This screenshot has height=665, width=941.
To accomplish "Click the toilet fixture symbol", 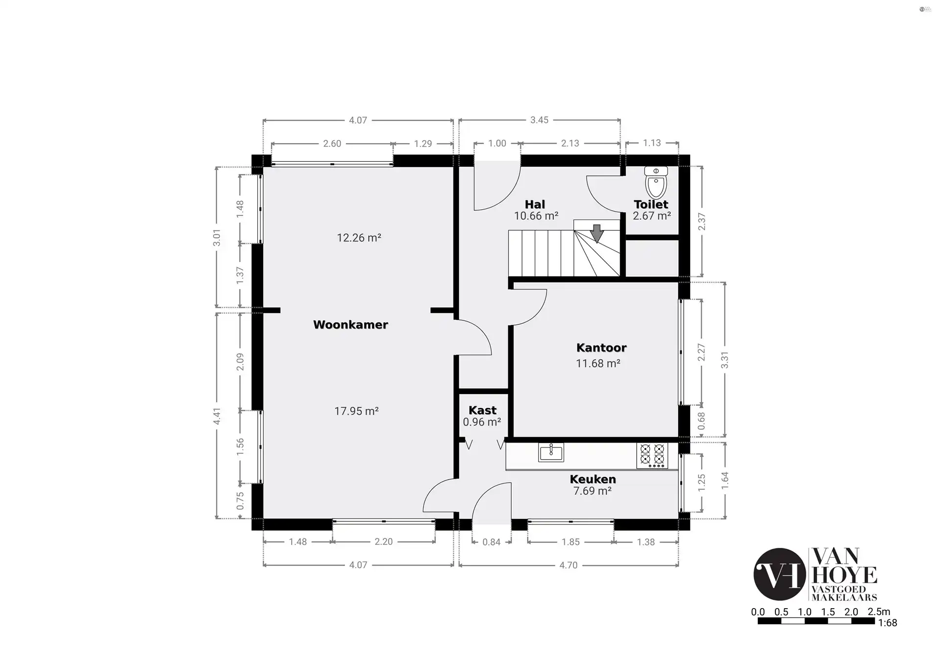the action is coord(656,182).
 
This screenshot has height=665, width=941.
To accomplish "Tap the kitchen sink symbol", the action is coord(551,452).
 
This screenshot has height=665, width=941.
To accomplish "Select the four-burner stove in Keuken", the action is coord(652,456).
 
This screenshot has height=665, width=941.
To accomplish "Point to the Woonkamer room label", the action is coord(350,324).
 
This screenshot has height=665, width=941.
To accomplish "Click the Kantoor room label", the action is coord(601,347).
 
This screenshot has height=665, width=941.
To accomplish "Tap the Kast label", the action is coord(482,410).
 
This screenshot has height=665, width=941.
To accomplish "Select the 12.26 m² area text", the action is coord(359,238).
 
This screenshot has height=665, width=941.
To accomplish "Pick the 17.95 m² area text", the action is coord(356,411).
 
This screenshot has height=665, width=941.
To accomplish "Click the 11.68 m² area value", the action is coord(598,363).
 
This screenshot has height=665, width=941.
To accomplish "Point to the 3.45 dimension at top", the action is coord(539,120).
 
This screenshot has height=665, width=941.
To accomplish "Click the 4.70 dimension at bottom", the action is coord(569,565).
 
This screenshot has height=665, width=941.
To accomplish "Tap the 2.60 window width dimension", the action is coord(332,144).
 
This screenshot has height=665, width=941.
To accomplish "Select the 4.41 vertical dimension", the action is coord(217,416).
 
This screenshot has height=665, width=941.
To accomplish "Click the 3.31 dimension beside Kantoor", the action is coord(725,360).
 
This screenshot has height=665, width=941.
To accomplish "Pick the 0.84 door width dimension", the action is coord(492,542).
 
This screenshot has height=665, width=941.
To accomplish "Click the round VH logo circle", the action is coord(780,574).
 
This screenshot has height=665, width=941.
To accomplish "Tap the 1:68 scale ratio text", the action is coord(888,623).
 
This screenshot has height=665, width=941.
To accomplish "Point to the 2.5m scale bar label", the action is coord(879,612).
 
